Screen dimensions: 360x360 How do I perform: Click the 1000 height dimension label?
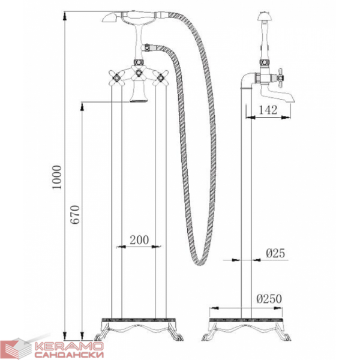[57, 177]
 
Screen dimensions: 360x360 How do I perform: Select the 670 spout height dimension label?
[75, 214]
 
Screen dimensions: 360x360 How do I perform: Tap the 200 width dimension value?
[139, 240]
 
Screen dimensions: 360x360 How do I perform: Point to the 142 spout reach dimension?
[268, 110]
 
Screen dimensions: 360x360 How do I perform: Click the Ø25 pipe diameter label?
[275, 253]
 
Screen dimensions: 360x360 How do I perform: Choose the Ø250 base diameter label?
[269, 298]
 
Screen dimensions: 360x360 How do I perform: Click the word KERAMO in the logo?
[69, 346]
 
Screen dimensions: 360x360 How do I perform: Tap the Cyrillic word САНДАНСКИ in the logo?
[69, 354]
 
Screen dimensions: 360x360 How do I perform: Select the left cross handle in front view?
[117, 77]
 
